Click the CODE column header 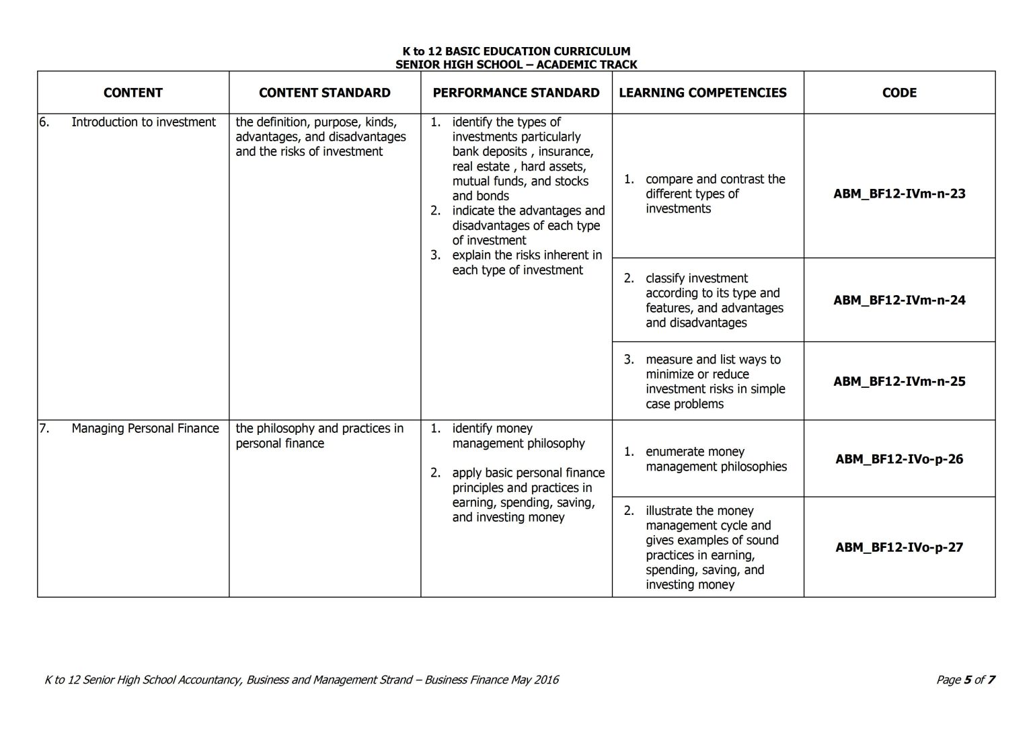click(x=899, y=93)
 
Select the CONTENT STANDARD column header click(x=324, y=93)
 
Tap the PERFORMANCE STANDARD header click(x=516, y=93)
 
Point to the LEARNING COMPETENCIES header click(x=702, y=93)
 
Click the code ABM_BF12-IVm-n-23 click(x=899, y=194)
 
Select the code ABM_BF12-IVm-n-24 click(x=899, y=300)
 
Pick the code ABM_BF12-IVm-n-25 click(x=899, y=381)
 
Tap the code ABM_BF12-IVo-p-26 click(x=899, y=459)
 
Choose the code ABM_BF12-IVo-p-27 click(x=899, y=547)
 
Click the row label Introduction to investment click(x=143, y=122)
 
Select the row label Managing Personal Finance click(x=145, y=429)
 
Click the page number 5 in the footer click(x=967, y=680)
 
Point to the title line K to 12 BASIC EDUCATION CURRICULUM click(x=516, y=51)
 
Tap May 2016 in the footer click(x=535, y=680)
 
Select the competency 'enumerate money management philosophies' click(x=716, y=459)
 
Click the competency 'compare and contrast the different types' click(x=714, y=194)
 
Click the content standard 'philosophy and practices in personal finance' click(x=319, y=436)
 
